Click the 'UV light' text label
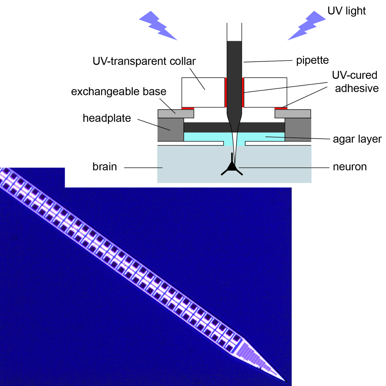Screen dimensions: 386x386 346,11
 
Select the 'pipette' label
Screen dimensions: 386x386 312,60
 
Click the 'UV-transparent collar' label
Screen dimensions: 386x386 144,61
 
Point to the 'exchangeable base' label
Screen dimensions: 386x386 119,91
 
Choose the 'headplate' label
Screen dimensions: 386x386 107,118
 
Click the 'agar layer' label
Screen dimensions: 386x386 357,139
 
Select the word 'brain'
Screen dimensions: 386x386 105,167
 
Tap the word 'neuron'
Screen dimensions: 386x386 350,167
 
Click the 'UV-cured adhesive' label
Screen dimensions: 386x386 355,82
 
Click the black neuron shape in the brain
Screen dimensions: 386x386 232,167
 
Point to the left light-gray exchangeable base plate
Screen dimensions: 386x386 176,114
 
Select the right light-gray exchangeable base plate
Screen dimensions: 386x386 293,114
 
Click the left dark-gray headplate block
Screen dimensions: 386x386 170,129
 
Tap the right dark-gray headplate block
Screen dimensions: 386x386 298,129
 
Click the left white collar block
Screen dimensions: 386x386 203,92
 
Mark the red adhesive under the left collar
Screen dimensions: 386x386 188,108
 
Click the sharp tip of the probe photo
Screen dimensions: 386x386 285,381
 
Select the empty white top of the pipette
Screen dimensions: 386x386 234,32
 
